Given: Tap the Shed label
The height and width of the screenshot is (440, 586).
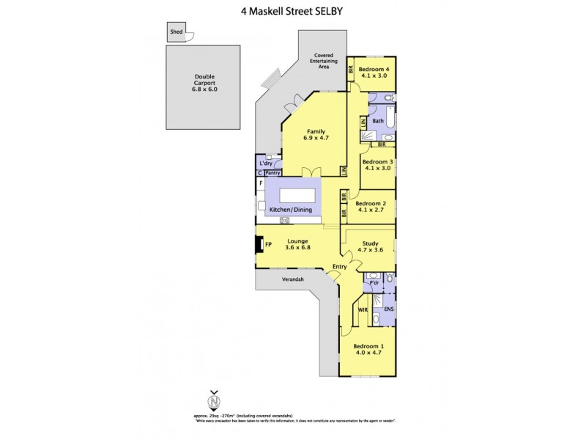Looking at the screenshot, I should click(176, 32).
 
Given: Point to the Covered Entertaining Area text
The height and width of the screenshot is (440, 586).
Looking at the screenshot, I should click(325, 61).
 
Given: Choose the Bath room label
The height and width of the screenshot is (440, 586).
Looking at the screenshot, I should click(378, 121).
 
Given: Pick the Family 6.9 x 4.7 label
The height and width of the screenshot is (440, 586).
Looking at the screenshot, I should click(316, 135).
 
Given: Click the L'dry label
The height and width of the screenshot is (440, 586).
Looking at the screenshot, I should click(265, 163).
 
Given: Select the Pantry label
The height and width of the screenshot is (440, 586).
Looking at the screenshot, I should click(272, 173).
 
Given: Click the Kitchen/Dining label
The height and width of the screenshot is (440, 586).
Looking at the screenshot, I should click(291, 210).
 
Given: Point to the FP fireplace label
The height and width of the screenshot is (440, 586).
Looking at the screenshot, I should click(268, 243).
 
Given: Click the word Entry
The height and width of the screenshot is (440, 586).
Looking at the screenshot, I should click(339, 266).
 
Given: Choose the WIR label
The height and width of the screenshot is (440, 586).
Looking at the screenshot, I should click(362, 309).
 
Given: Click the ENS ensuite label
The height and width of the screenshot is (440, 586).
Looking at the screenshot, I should click(389, 309).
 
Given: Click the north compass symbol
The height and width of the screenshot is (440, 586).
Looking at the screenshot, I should click(214, 402).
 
